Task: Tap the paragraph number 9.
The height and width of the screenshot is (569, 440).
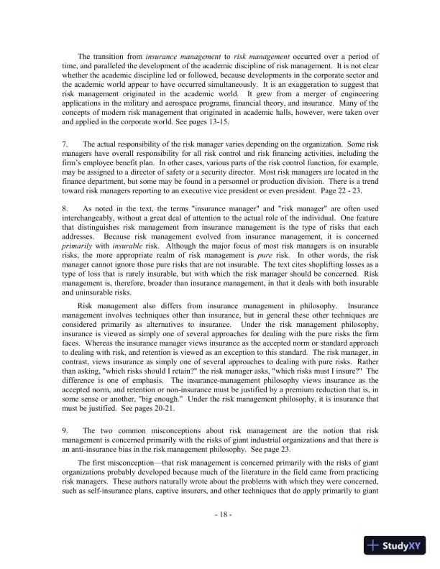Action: point(65,450)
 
